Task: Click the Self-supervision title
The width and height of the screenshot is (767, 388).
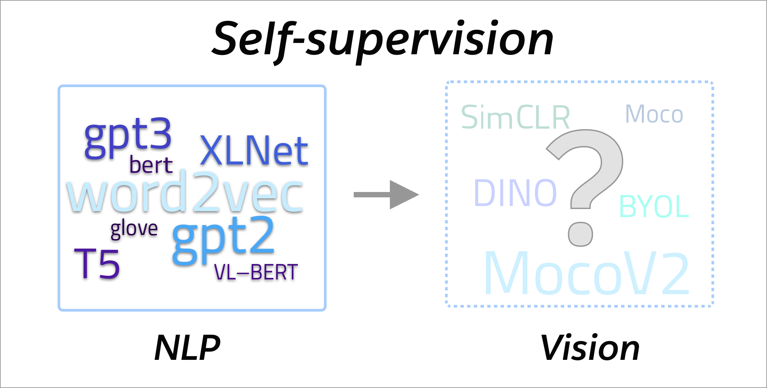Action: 383,40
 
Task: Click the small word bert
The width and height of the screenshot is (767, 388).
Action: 151,165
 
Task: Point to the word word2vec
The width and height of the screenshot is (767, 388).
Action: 185,194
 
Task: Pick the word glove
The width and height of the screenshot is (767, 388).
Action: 134,229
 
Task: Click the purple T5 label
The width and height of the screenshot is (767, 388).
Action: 97,264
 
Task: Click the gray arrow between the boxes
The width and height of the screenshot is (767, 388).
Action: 387,195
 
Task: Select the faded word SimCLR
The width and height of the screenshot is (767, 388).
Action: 515,117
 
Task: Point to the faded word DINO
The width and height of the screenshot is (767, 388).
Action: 515,193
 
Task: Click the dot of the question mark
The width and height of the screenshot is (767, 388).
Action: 581,234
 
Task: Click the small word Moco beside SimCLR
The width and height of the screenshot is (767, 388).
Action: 654,115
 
